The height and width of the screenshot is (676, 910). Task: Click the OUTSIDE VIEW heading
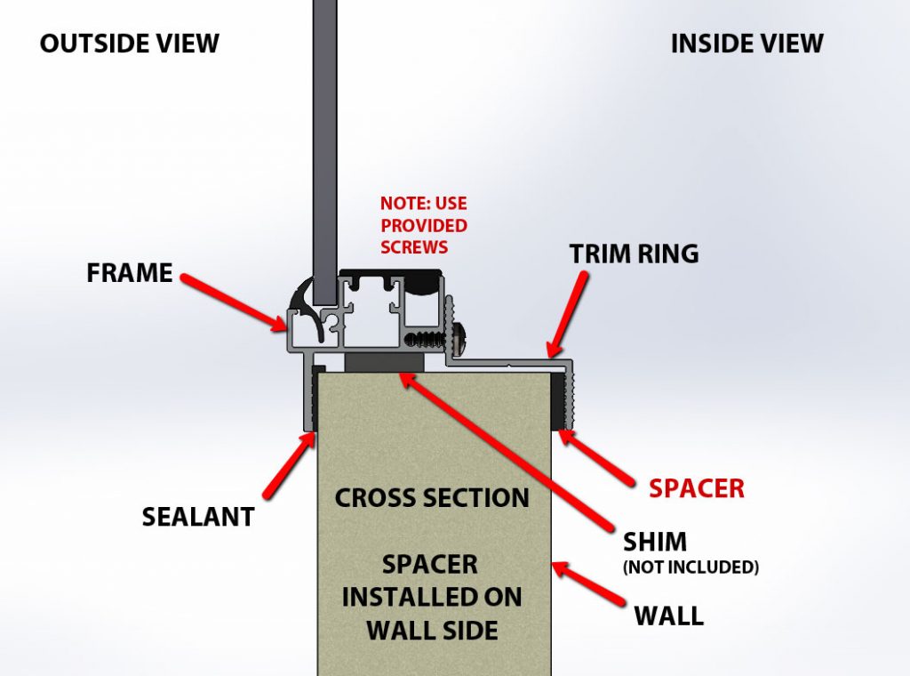pos(129,43)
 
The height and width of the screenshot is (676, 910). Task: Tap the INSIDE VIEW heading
pos(746,43)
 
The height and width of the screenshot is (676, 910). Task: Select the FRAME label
pos(130,272)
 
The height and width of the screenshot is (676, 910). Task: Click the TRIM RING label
pos(634,253)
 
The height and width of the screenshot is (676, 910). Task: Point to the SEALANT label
pos(198,516)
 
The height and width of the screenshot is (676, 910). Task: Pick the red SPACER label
pos(696,487)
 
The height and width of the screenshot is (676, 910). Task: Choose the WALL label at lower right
pos(668,614)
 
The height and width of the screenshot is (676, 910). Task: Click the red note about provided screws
pos(424,225)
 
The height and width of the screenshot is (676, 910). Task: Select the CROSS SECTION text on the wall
pos(432,497)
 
